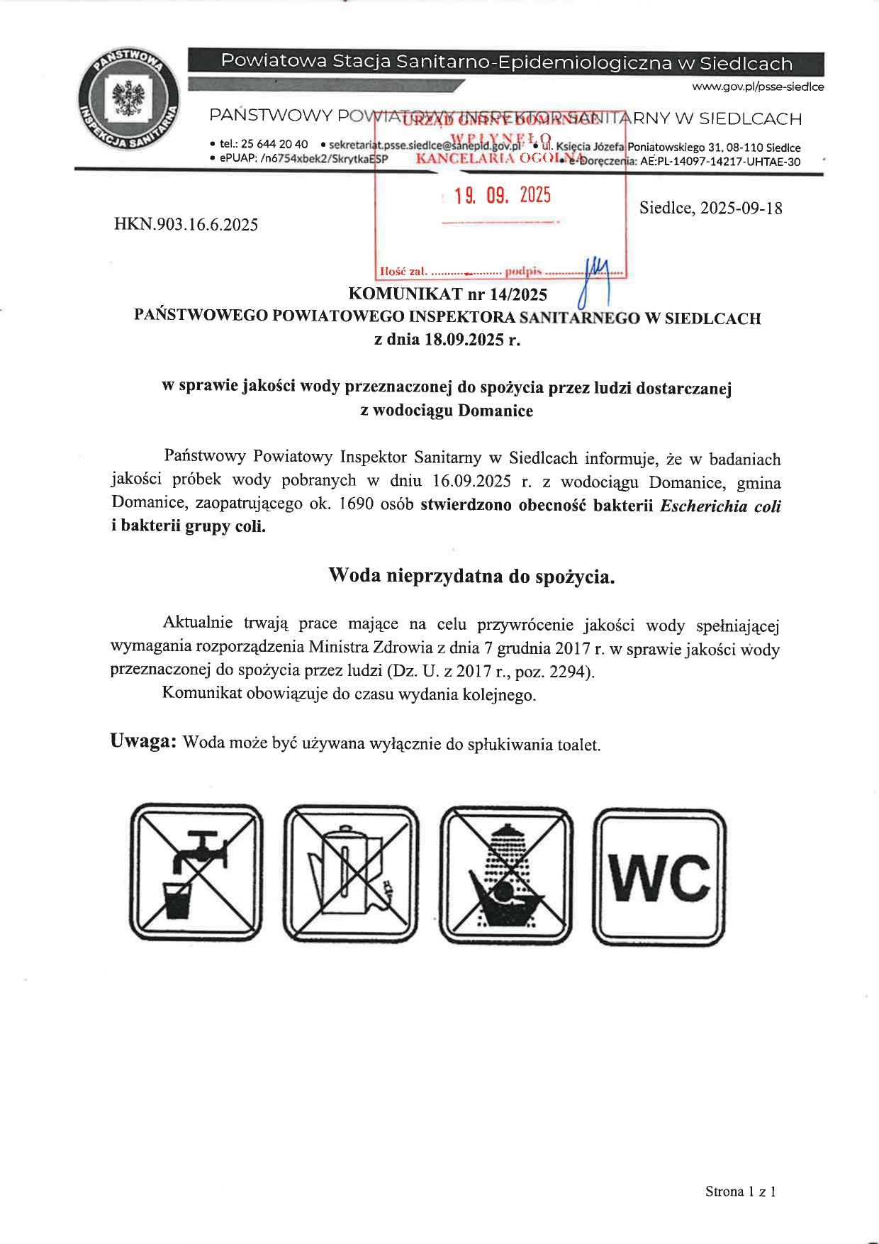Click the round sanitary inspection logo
pyautogui.click(x=128, y=99)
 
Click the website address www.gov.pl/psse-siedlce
pyautogui.click(x=758, y=87)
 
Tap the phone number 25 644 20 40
pyautogui.click(x=274, y=144)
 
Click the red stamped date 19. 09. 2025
pyautogui.click(x=503, y=196)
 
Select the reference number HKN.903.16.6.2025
pyautogui.click(x=186, y=225)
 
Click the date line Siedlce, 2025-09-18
pyautogui.click(x=710, y=208)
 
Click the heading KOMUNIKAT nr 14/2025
pyautogui.click(x=447, y=294)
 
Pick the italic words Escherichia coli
pyautogui.click(x=720, y=506)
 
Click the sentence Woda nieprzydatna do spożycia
pyautogui.click(x=471, y=576)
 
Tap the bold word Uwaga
pyautogui.click(x=142, y=742)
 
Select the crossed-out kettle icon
pyautogui.click(x=350, y=873)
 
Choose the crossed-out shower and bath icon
pyautogui.click(x=505, y=875)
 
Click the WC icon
pyautogui.click(x=659, y=877)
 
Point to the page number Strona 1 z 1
pyautogui.click(x=740, y=1192)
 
